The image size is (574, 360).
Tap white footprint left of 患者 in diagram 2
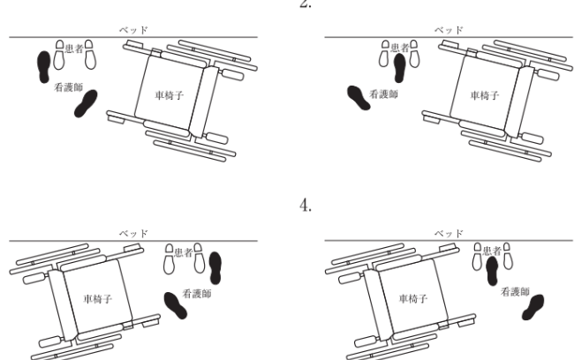pos(384,56)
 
